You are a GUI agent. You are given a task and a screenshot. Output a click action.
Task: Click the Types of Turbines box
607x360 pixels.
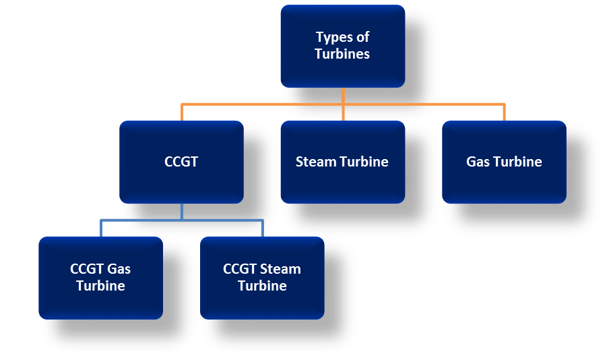pos(342,46)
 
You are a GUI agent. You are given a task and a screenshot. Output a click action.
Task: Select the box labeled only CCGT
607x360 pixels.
pos(181,162)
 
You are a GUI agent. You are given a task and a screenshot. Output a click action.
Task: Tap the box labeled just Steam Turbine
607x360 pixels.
pos(342,162)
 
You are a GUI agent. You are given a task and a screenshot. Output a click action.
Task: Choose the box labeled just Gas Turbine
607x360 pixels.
pos(504,162)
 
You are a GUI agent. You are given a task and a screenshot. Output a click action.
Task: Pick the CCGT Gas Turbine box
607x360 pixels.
pos(100,277)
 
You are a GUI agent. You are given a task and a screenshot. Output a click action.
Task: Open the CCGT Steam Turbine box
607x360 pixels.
pos(262,277)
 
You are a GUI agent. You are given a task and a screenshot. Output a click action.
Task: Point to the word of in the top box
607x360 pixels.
pos(362,37)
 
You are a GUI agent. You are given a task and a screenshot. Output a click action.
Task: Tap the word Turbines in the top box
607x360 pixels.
pos(342,55)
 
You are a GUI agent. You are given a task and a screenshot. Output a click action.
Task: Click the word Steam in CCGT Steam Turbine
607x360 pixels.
pos(280,269)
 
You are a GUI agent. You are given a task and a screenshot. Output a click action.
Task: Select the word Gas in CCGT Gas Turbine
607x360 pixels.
pos(119,269)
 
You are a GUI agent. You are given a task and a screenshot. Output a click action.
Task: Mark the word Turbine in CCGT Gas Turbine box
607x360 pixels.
pos(100,286)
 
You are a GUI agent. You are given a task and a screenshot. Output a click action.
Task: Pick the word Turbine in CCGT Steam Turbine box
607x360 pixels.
pos(262,286)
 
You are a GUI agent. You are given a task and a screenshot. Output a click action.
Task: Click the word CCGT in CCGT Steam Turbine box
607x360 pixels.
pos(240,269)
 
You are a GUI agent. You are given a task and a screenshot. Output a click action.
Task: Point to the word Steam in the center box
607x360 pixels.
pos(315,162)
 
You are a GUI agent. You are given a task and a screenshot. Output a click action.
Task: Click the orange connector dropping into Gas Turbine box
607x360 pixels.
pos(504,112)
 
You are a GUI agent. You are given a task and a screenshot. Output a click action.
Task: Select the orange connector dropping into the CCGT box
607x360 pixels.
pos(181,112)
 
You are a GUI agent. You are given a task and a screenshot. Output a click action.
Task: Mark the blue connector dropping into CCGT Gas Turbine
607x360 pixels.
pos(100,228)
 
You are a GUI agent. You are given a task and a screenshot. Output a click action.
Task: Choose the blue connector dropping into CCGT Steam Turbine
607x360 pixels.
pos(262,228)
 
